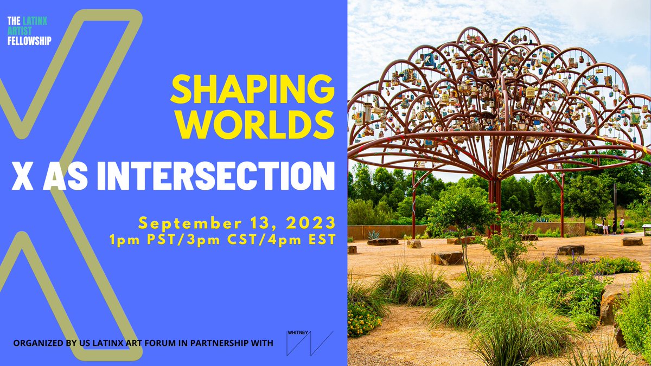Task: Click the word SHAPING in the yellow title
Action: point(252,88)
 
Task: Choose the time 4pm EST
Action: point(304,239)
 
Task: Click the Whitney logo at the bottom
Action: point(309,343)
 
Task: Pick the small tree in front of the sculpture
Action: point(461,217)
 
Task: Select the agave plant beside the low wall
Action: point(373,234)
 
